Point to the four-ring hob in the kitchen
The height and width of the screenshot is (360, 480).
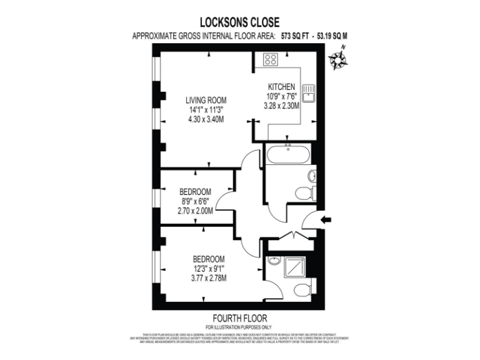(271, 61)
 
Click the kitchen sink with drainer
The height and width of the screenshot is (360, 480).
(307, 94)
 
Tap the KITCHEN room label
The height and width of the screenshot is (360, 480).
(281, 87)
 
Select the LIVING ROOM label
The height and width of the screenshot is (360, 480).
(206, 100)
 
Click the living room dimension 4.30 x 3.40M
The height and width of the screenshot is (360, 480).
(206, 119)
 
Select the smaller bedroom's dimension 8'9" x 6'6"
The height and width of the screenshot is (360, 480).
(195, 201)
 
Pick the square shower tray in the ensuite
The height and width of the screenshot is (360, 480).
(295, 268)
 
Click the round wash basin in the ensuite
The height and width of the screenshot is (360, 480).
(274, 261)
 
